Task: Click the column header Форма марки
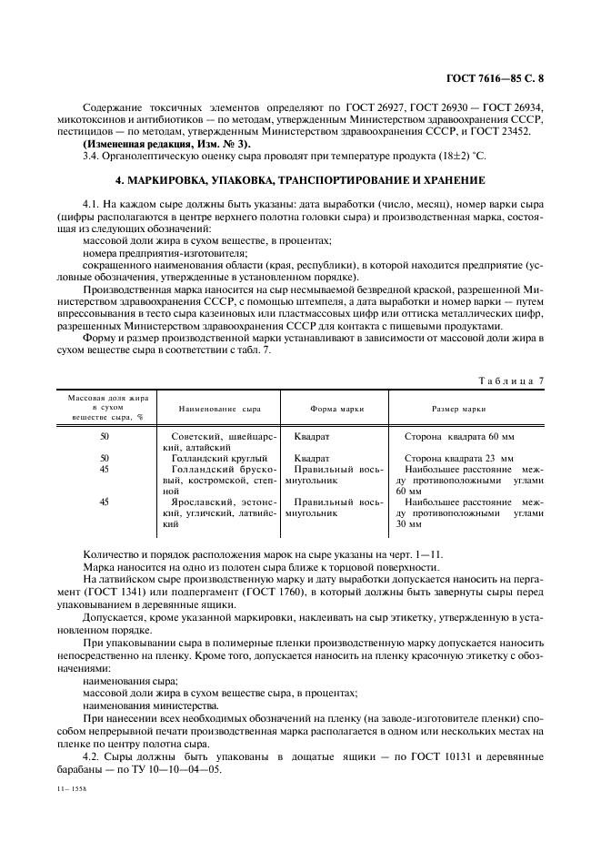336,410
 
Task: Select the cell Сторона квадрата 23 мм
458,458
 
